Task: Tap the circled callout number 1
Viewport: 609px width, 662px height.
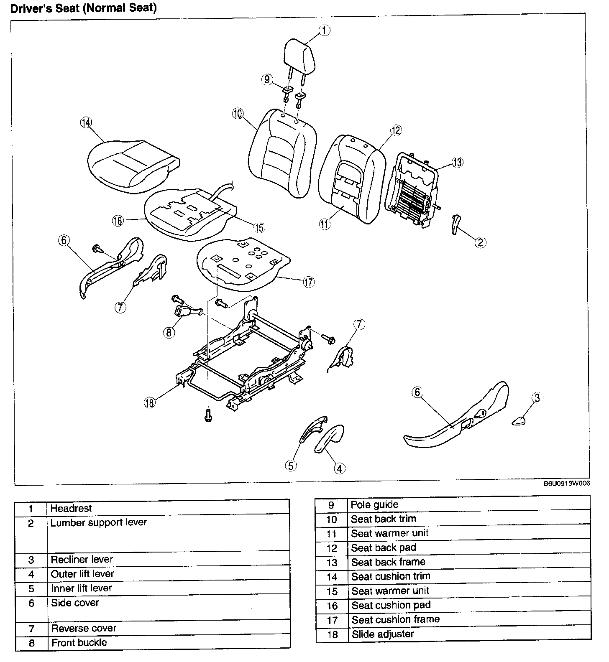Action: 325,30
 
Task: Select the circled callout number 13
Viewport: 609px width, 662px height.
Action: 458,162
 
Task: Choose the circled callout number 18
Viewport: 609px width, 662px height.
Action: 149,402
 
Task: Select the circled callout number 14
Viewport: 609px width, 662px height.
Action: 86,122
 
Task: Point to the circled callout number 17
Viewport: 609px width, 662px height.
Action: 308,282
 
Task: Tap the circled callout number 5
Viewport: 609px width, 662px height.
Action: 292,465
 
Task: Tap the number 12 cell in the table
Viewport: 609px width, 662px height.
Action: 332,548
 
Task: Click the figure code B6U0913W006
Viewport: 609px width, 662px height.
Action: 567,484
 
